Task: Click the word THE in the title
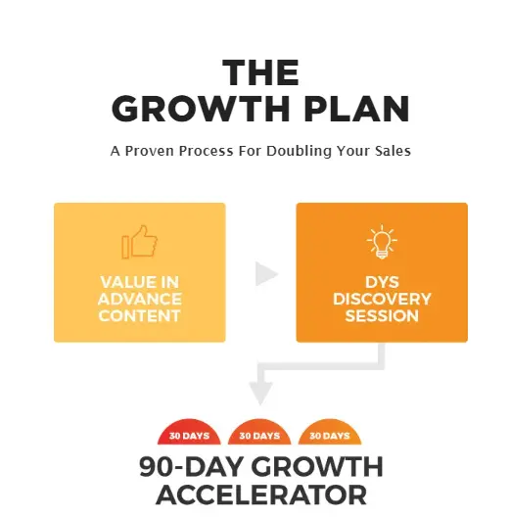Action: tap(259, 73)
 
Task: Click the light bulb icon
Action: tap(381, 242)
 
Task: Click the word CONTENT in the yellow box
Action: tap(139, 315)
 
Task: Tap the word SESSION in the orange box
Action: tap(382, 316)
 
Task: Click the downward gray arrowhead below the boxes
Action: tap(260, 393)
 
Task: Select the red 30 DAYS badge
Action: tap(188, 434)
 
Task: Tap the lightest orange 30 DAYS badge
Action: tap(330, 434)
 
